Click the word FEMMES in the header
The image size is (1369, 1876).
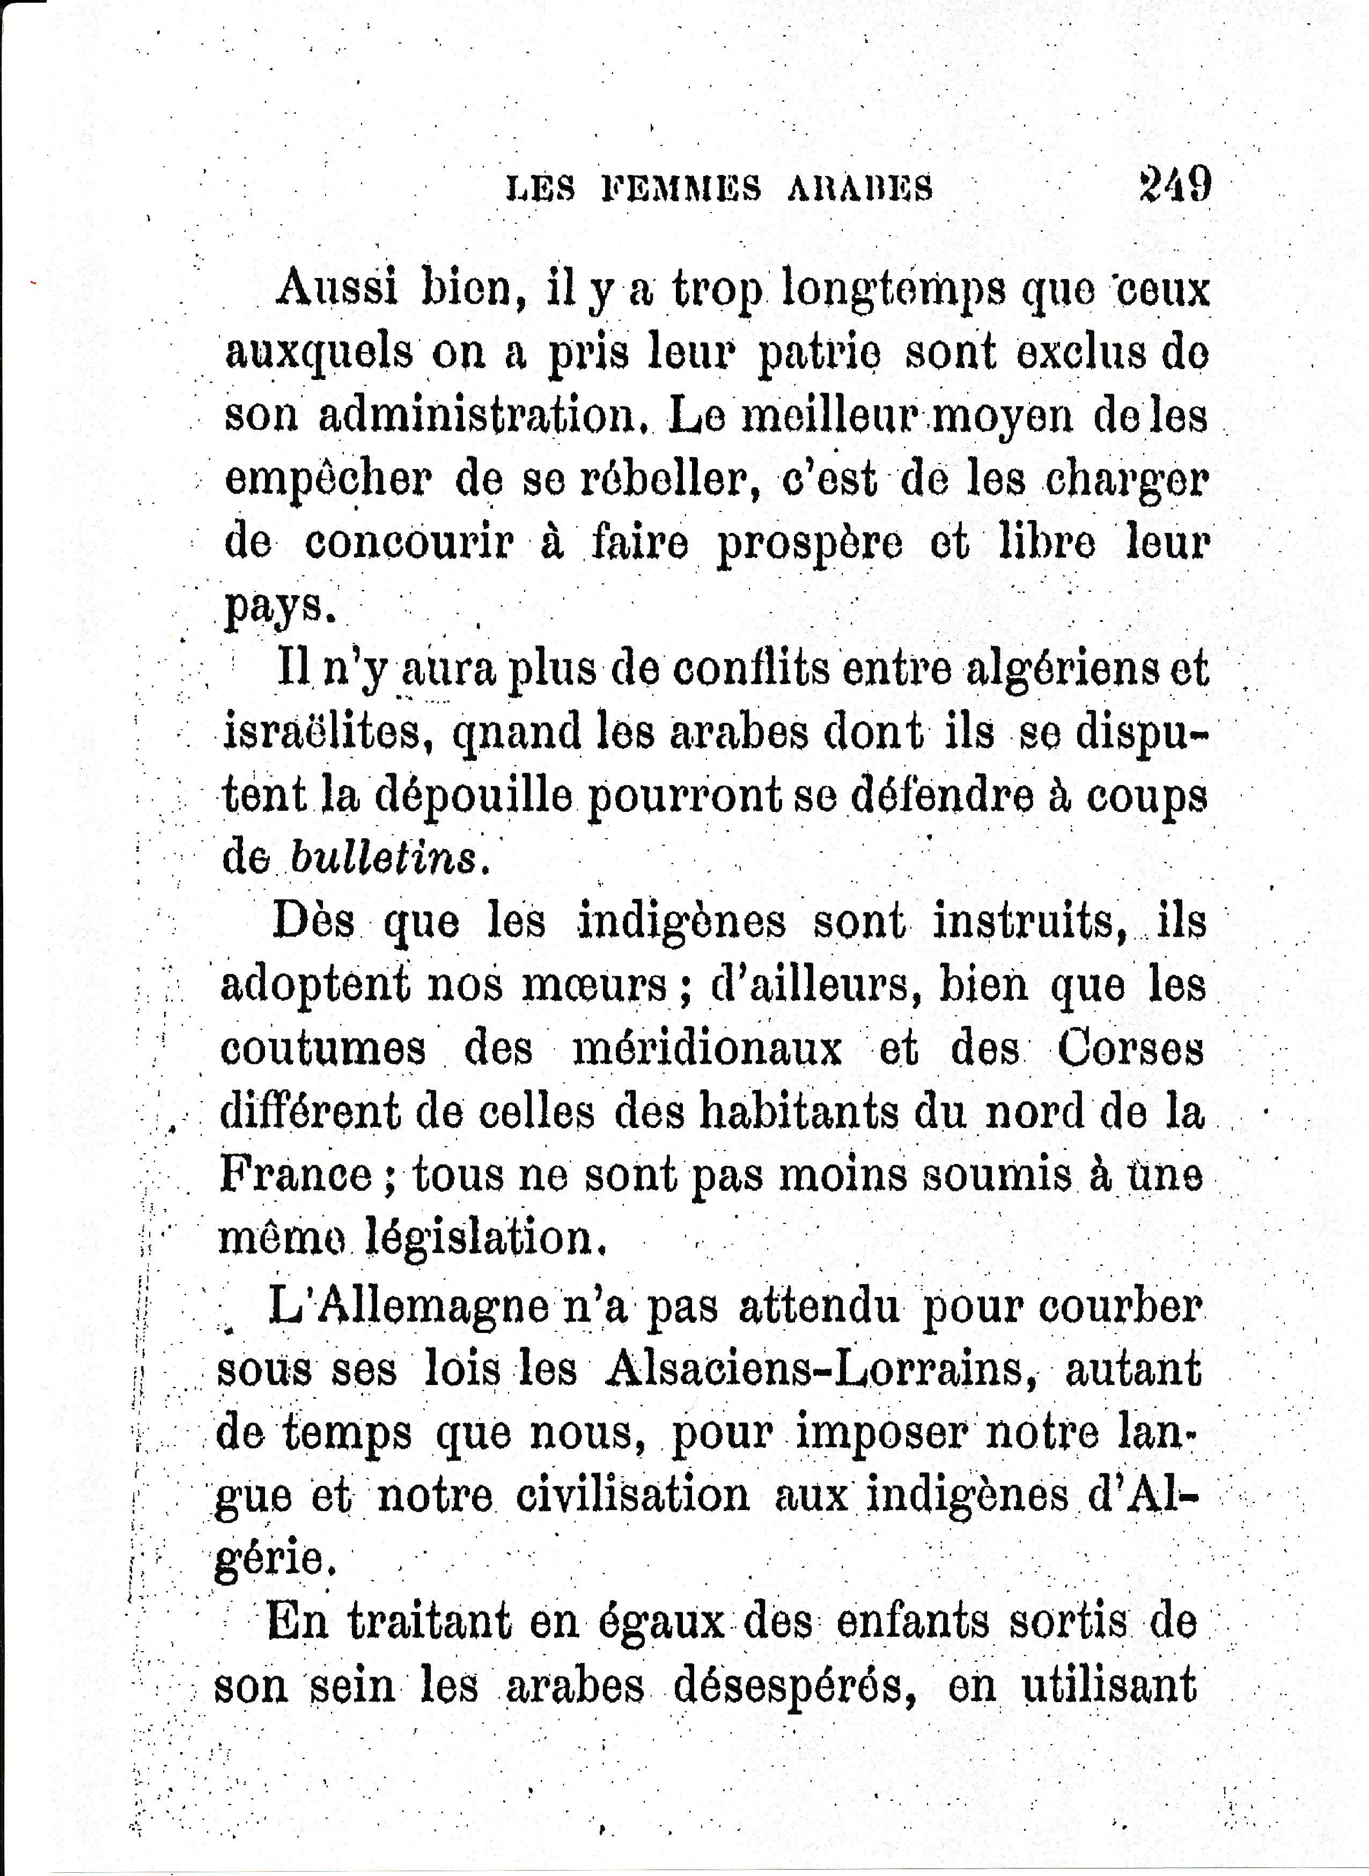680,188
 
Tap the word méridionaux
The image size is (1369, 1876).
707,1049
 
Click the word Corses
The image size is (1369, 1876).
1130,1049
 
